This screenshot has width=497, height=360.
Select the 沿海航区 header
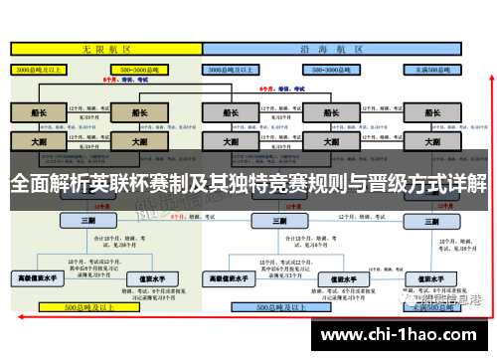click(x=342, y=48)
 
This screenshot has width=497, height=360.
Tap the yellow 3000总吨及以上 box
click(x=39, y=71)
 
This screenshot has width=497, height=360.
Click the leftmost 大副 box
click(x=39, y=142)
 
